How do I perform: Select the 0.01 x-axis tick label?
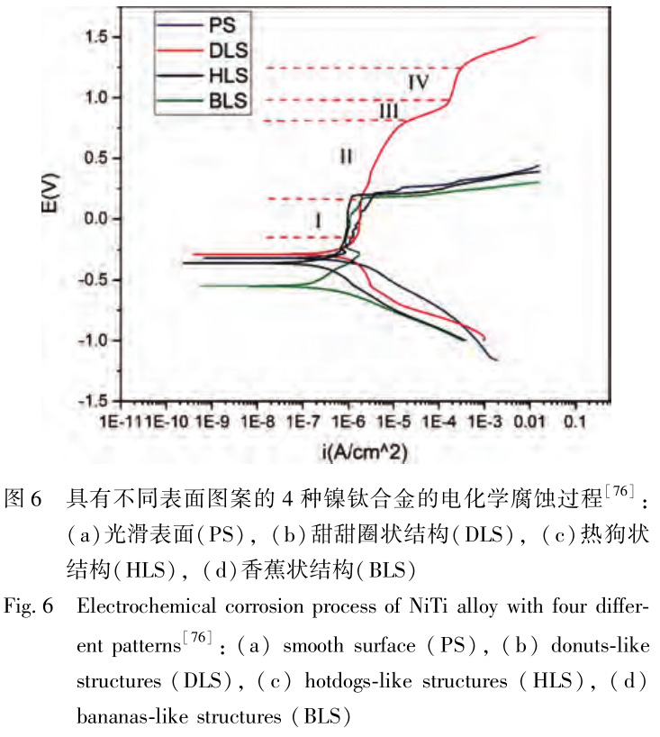click(530, 422)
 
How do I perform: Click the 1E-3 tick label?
click(484, 422)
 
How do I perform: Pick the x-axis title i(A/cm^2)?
click(347, 449)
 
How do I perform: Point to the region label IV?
click(416, 82)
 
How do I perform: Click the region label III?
click(389, 111)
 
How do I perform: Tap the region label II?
click(347, 157)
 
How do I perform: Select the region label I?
click(319, 219)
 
